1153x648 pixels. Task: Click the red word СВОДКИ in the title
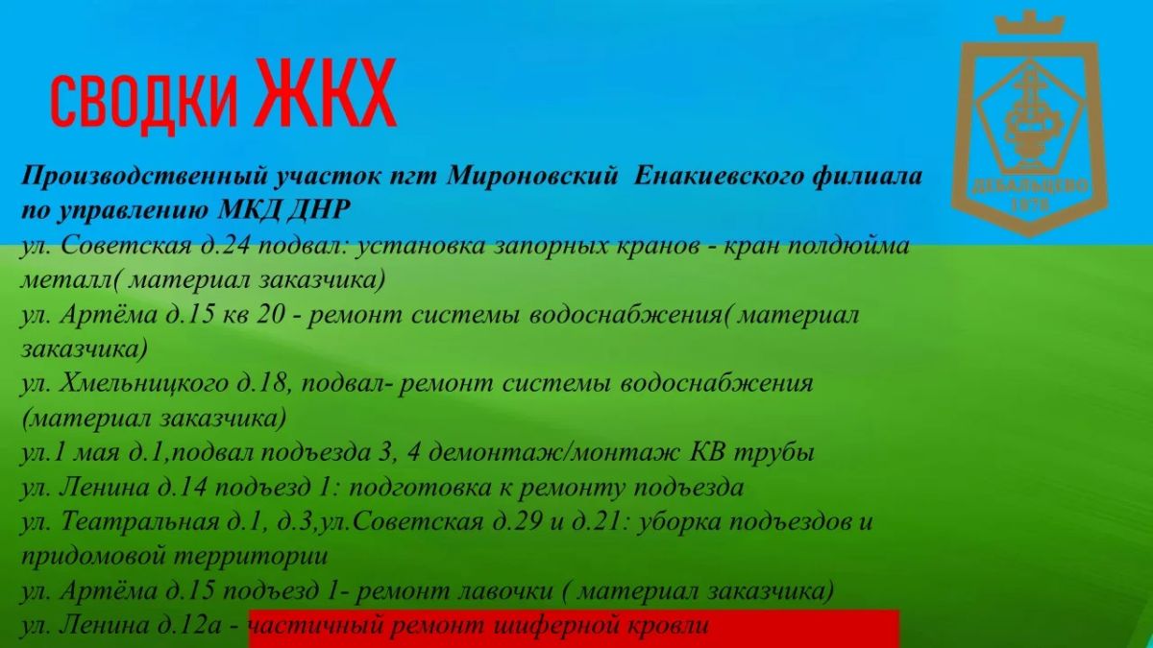pyautogui.click(x=144, y=102)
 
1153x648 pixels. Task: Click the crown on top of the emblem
pyautogui.click(x=1029, y=25)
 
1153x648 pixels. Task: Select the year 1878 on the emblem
pyautogui.click(x=1030, y=205)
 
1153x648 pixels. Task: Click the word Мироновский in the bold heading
pyautogui.click(x=532, y=177)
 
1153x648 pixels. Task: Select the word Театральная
pyautogui.click(x=139, y=522)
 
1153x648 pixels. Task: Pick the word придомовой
pyautogui.click(x=92, y=558)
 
